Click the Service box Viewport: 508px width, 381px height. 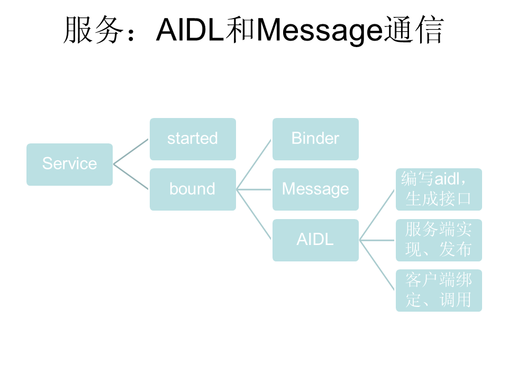point(69,164)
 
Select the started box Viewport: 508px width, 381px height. point(193,139)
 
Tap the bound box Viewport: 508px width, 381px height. point(193,189)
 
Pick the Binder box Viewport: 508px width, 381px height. point(315,139)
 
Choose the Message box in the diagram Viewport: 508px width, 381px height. point(315,189)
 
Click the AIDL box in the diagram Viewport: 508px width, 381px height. point(315,240)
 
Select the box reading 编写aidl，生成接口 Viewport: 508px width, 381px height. point(439,189)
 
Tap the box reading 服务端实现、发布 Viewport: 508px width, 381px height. point(439,240)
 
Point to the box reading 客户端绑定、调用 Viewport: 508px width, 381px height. point(439,290)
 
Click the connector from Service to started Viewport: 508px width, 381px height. point(131,151)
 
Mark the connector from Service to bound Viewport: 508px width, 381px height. point(131,177)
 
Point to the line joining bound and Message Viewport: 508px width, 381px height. point(254,189)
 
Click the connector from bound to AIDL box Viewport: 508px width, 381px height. point(254,214)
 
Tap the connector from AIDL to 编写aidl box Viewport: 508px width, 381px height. point(377,214)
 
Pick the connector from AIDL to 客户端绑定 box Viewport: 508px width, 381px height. point(377,265)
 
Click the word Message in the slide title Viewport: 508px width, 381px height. point(319,31)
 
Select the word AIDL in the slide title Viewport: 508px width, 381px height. point(189,31)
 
